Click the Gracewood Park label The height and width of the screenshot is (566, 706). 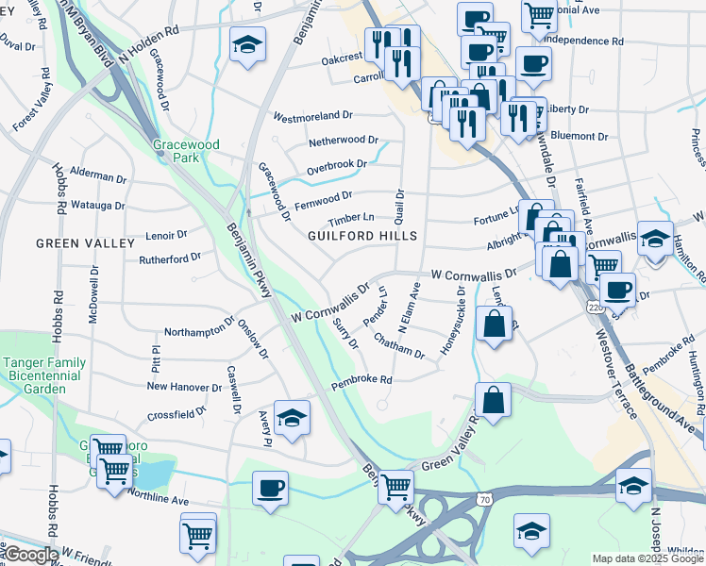coord(186,151)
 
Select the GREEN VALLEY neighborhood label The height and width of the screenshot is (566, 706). coord(85,243)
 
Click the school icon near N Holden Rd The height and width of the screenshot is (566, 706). coord(247,44)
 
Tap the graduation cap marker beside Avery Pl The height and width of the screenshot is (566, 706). coord(293,416)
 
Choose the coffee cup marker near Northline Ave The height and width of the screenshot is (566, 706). coord(270,489)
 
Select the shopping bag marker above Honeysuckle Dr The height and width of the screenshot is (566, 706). coord(494,325)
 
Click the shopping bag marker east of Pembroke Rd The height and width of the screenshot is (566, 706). coord(493,400)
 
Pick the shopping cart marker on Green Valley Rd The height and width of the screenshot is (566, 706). coord(395,487)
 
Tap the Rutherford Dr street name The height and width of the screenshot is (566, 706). coord(170,257)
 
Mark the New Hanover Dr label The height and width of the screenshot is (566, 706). coord(183,386)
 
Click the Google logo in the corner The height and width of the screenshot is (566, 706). coord(30,555)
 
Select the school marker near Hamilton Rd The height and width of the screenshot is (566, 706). coord(654,238)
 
